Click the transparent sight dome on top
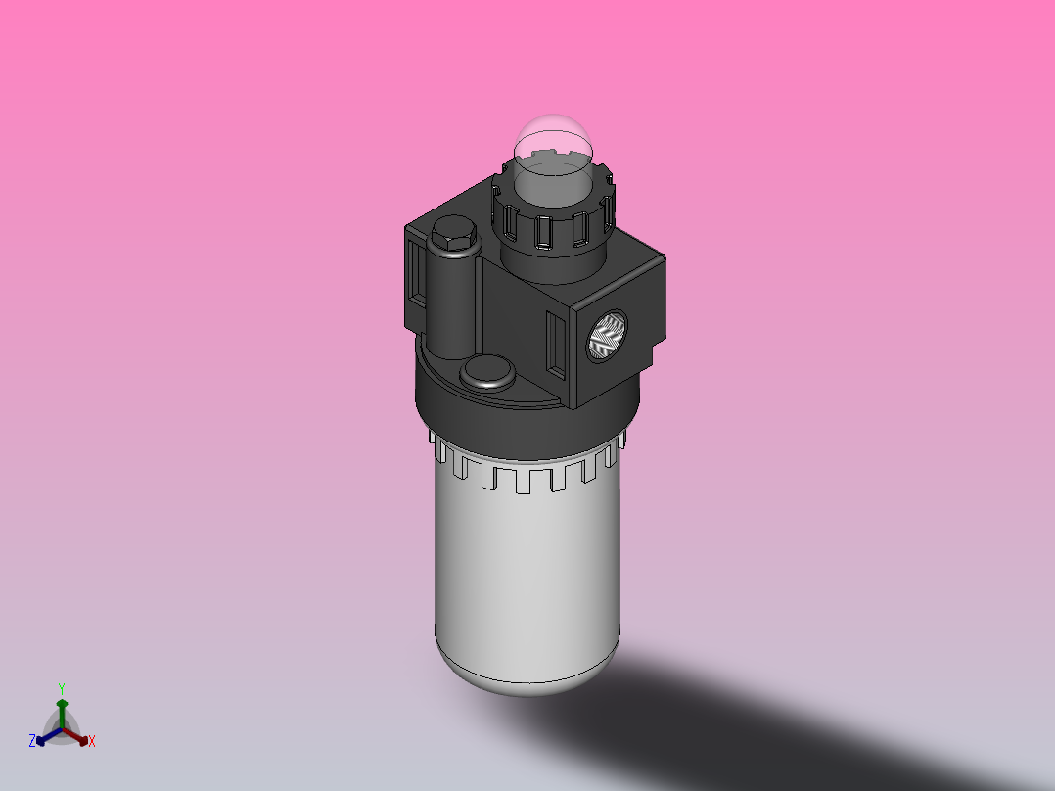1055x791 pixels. click(x=554, y=147)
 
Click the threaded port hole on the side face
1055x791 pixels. click(x=607, y=338)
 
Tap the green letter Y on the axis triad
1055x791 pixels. click(x=61, y=687)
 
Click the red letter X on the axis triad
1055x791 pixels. click(x=92, y=742)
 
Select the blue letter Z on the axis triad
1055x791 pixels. click(x=31, y=742)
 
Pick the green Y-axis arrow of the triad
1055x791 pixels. click(x=61, y=712)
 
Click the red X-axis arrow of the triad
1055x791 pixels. click(x=77, y=736)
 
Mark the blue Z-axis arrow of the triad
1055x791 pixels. click(x=45, y=737)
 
